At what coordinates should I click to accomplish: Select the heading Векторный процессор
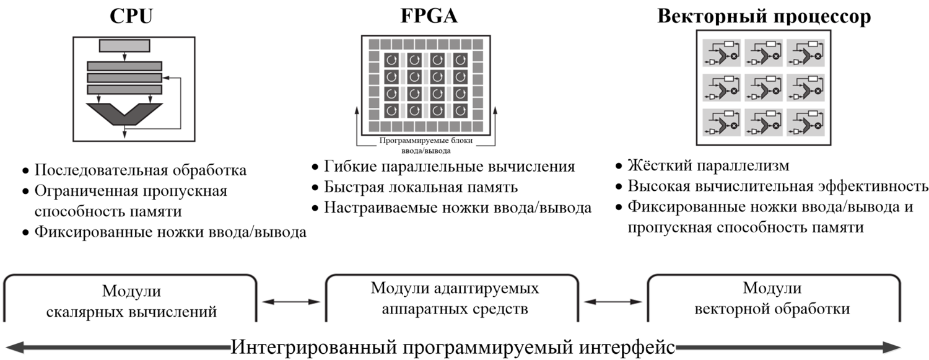point(764,17)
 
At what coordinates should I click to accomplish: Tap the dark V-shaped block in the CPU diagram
point(124,113)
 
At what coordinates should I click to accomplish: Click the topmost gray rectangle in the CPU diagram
point(124,45)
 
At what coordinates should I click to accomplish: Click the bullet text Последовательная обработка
point(140,170)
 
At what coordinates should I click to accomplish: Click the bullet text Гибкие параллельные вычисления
point(449,167)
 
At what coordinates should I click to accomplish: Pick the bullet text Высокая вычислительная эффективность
point(777,187)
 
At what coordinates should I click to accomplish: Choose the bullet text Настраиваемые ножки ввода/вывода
point(457,208)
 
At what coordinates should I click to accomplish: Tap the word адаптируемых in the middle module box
point(494,289)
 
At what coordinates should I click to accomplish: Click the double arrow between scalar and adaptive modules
point(291,302)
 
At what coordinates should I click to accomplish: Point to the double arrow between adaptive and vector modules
point(613,302)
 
